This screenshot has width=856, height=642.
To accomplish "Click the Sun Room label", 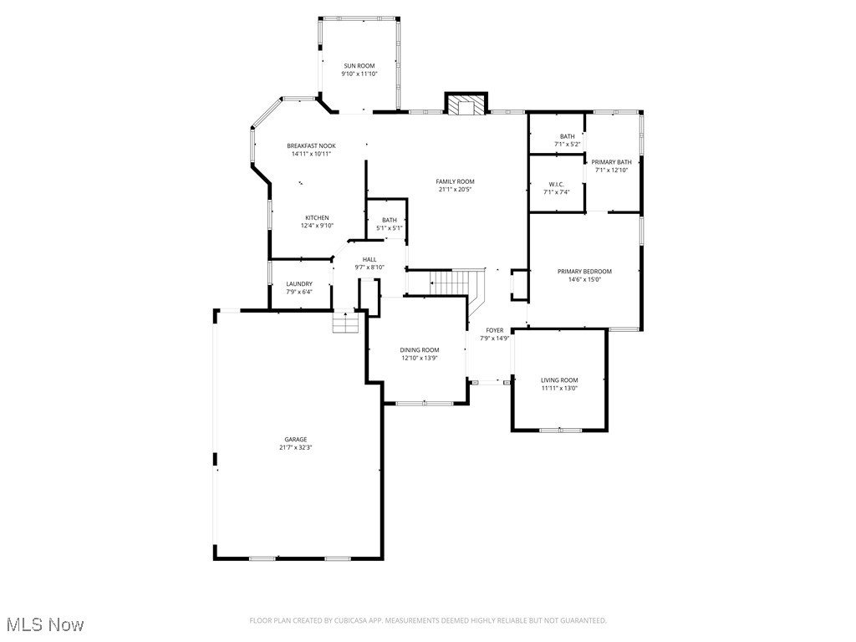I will pos(359,65).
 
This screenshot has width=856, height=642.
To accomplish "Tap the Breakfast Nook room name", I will pos(311,145).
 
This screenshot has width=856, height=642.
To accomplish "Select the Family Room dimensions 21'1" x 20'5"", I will pos(455,190).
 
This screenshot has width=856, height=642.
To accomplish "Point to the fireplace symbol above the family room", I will pos(465,104).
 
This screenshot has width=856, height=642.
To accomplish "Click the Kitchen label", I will pos(317,217).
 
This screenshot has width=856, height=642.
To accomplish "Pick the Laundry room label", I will pos(299,284).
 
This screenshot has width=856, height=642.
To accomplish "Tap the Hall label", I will pos(369,259).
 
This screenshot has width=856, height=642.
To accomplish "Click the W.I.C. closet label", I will pos(557,184).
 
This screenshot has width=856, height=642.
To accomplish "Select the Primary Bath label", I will pos(612,162).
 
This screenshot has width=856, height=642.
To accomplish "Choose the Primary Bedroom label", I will pos(585,271).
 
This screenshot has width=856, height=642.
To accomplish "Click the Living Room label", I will pos(559,380).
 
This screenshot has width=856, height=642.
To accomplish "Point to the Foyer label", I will pos(495,330).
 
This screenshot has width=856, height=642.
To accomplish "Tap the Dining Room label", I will pos(420,349).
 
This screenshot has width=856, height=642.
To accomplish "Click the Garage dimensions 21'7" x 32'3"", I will pos(296,447).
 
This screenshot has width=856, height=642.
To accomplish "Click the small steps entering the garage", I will pos(345,322).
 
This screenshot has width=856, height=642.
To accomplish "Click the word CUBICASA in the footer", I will pos(356,620).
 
